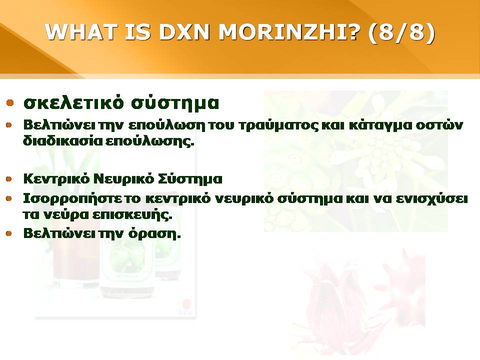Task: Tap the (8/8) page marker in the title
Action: pyautogui.click(x=401, y=32)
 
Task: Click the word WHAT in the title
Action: pyautogui.click(x=81, y=31)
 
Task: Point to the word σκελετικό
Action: pyautogui.click(x=73, y=102)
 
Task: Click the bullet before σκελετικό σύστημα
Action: pyautogui.click(x=10, y=102)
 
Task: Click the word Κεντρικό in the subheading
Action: pyautogui.click(x=56, y=179)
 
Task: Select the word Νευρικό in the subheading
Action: pyautogui.click(x=123, y=179)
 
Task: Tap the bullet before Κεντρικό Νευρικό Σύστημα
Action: pyautogui.click(x=9, y=179)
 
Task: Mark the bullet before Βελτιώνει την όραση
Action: pyautogui.click(x=9, y=234)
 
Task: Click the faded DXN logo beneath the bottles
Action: pyautogui.click(x=185, y=307)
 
